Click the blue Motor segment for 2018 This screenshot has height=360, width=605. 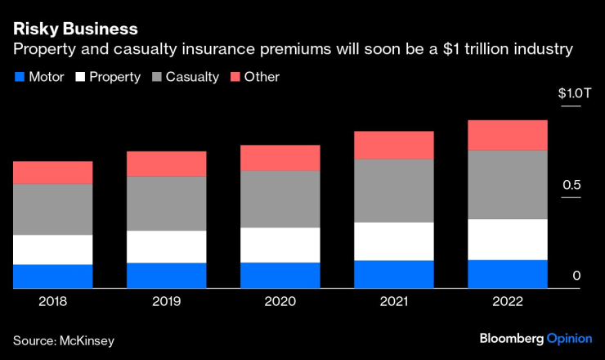pos(53,277)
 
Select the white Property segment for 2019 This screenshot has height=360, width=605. pos(167,246)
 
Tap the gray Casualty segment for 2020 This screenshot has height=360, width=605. pos(280,199)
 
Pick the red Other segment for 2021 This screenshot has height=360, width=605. pos(394,145)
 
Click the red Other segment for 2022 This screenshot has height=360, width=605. pos(508,135)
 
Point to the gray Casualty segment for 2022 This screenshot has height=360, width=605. pos(508,184)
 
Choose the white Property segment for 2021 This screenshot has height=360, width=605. pos(394,241)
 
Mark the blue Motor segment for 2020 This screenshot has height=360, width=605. pos(280,275)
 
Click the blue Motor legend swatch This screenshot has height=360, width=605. pos(19,78)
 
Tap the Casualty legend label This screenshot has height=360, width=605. pos(192,77)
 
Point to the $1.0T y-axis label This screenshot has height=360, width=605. pos(575,93)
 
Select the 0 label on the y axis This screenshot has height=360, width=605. pos(576,276)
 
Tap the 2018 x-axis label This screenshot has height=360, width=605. pos(53,301)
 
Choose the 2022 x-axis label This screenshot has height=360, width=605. pos(508,301)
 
